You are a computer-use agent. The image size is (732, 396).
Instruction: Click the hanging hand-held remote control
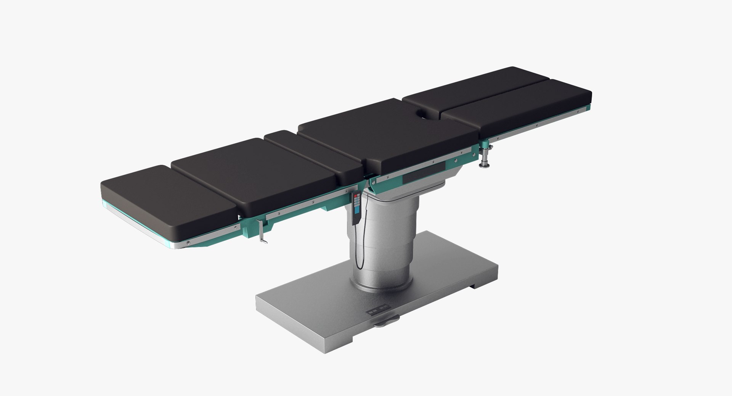point(357,208)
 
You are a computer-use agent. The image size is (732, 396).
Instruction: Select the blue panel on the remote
point(357,209)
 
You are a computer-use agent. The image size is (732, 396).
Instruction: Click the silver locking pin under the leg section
point(485,156)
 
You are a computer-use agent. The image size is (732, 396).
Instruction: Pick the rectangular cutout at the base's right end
point(478,287)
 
